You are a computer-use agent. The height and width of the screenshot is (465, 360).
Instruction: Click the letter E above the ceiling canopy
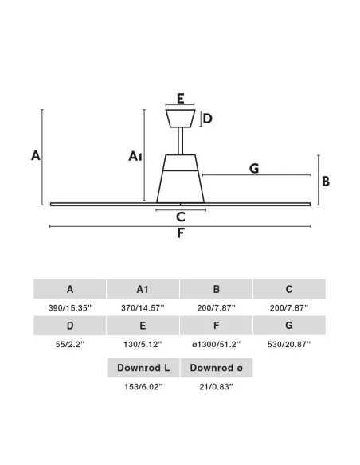(181, 98)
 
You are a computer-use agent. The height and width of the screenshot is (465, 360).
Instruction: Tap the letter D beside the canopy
(208, 119)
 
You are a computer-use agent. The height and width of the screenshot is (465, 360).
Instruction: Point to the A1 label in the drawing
(135, 156)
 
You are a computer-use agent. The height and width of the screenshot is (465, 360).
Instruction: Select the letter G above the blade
(254, 169)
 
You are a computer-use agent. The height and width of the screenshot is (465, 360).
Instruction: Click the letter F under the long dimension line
(181, 233)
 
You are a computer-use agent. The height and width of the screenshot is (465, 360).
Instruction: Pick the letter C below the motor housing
(181, 217)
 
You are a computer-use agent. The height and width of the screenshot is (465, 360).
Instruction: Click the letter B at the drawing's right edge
(326, 182)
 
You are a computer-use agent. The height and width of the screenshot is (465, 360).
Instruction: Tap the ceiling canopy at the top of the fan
(180, 119)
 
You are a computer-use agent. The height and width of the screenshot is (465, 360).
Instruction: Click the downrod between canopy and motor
(180, 141)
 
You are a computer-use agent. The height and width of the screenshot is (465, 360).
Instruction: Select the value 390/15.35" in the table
(70, 308)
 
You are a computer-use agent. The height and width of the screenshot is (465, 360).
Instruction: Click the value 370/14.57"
(143, 308)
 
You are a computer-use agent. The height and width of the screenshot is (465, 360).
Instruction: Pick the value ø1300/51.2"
(216, 344)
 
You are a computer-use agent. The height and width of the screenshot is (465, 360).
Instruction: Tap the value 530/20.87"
(289, 344)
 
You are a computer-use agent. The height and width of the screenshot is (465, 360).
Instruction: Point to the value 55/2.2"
(70, 344)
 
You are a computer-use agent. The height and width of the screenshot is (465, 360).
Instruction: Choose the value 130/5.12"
(143, 344)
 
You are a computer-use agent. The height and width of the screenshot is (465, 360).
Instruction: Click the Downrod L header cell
(143, 368)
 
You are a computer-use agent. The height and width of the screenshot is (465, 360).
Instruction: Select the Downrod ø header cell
(217, 368)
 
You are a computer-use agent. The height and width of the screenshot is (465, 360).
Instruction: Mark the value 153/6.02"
(143, 387)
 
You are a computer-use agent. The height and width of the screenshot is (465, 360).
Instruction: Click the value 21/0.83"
(216, 387)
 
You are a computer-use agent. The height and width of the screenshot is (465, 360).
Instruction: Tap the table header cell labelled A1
(143, 289)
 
